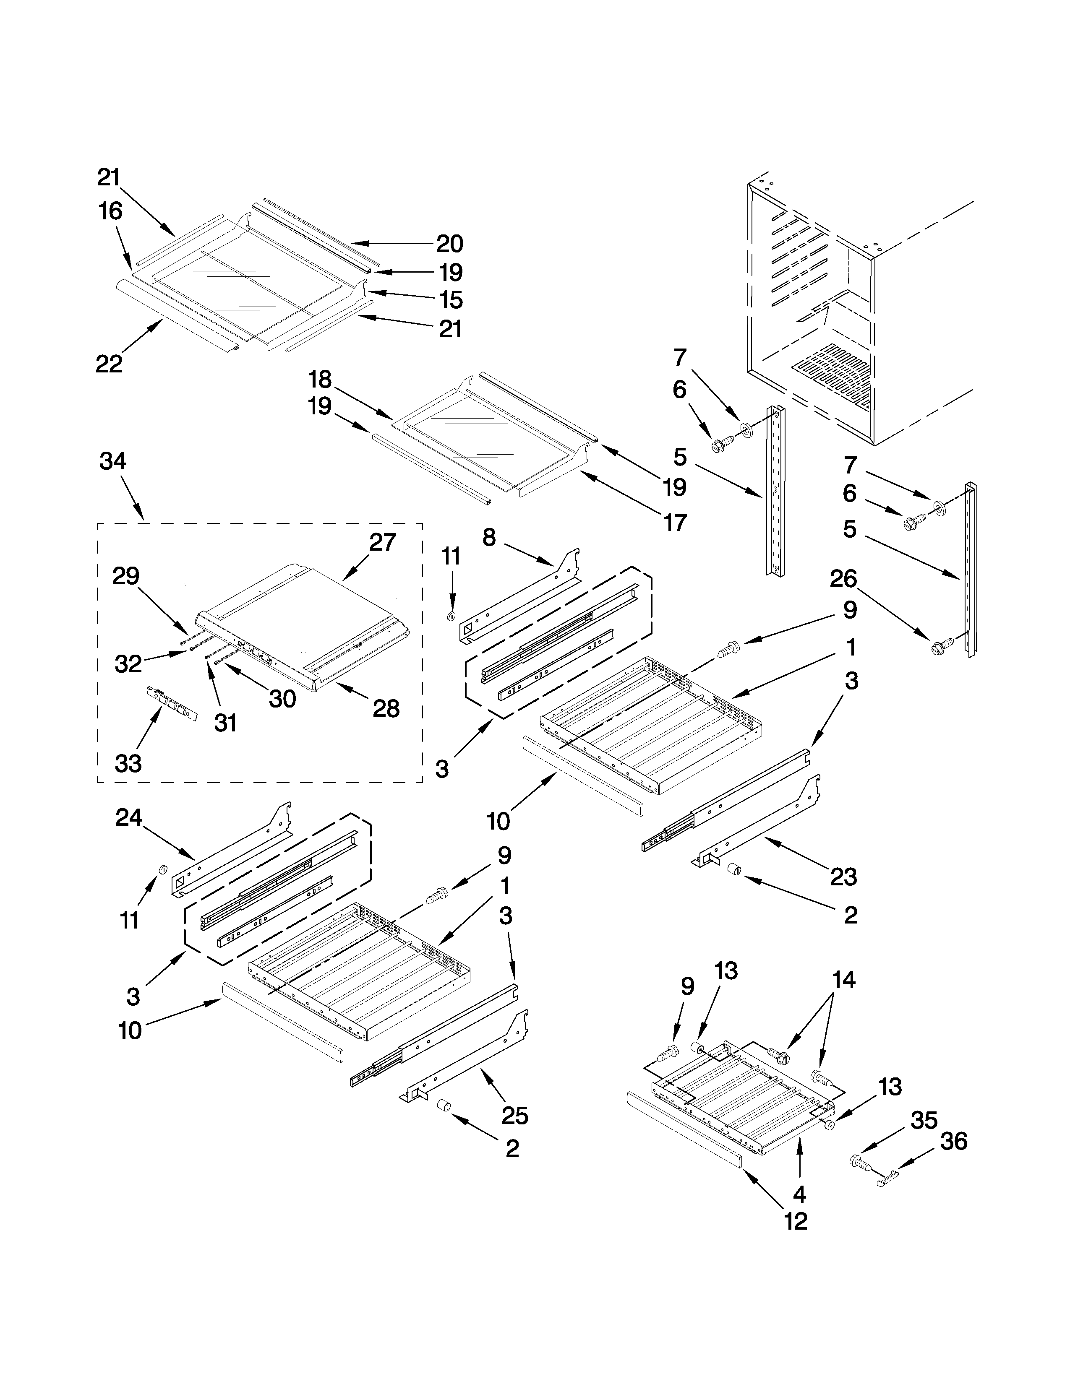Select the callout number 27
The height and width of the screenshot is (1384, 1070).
(x=382, y=542)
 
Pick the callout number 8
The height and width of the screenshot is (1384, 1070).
(x=489, y=537)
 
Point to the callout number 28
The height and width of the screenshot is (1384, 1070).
(x=385, y=708)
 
